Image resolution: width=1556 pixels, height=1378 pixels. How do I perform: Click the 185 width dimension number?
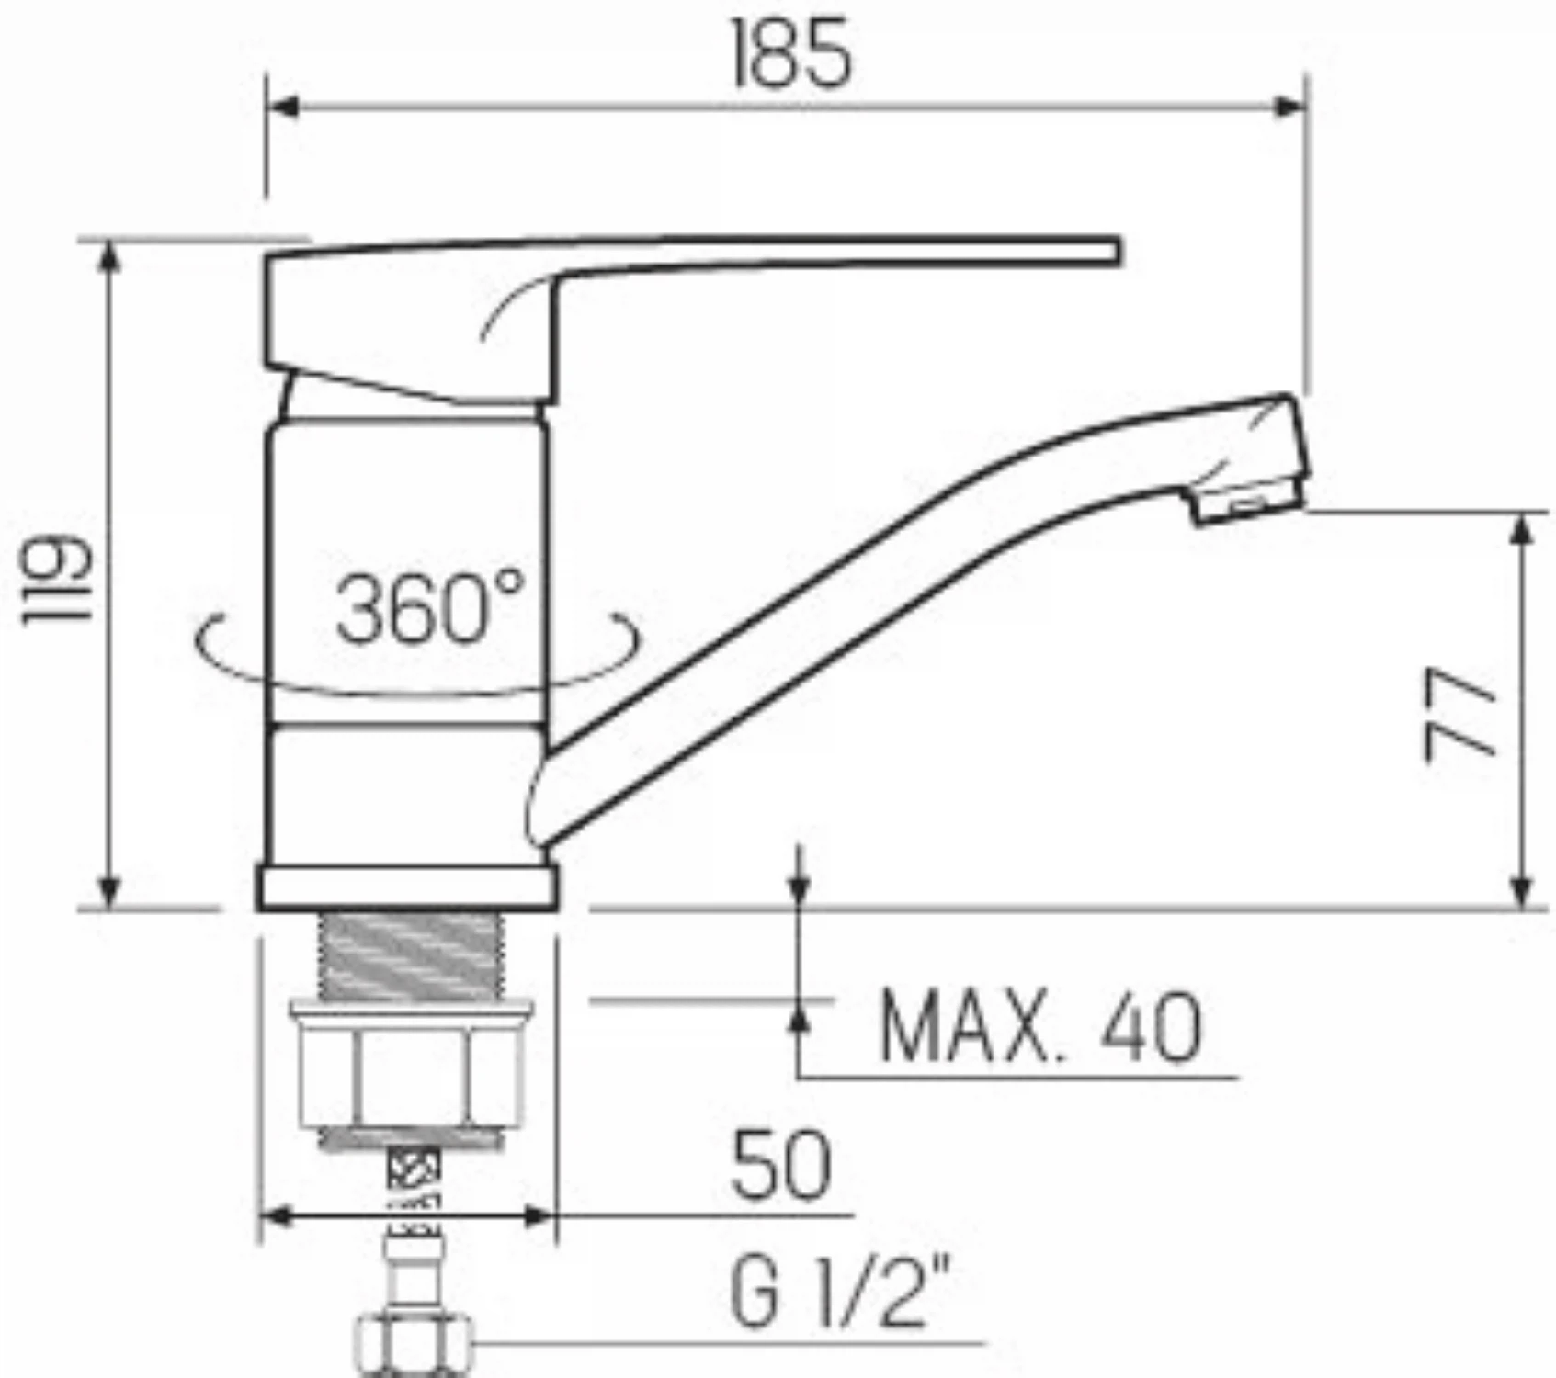pyautogui.click(x=792, y=54)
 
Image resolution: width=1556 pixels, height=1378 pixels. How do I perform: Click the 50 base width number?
pyautogui.click(x=781, y=1166)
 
